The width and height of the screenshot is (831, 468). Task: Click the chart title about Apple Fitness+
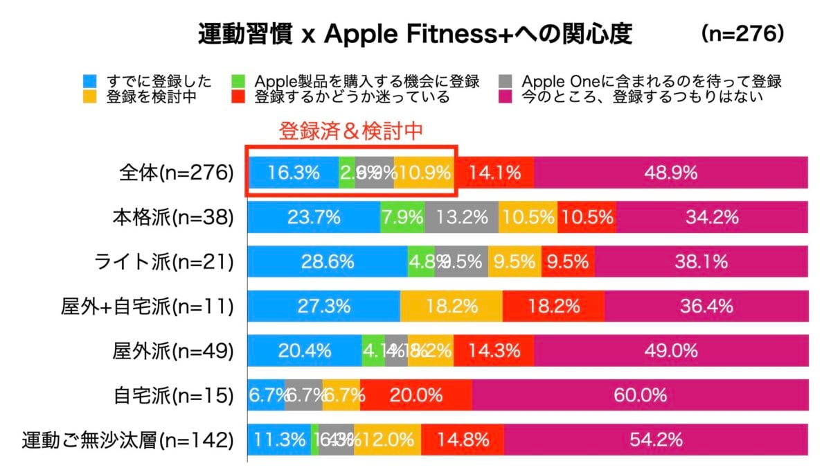[415, 34]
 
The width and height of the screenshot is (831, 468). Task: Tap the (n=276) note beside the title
[742, 33]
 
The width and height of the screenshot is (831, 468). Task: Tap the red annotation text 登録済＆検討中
[350, 130]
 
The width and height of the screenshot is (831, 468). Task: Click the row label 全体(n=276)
[176, 173]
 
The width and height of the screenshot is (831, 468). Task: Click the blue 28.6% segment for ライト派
[328, 262]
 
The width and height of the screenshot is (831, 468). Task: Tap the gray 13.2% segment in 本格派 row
[461, 218]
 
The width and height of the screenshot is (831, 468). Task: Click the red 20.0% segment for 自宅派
[415, 395]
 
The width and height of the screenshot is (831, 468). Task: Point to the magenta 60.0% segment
[640, 395]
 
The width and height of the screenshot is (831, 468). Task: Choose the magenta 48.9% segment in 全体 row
[670, 173]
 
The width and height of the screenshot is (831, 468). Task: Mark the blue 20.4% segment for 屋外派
[305, 351]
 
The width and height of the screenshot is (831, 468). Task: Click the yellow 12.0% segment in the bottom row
[387, 440]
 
